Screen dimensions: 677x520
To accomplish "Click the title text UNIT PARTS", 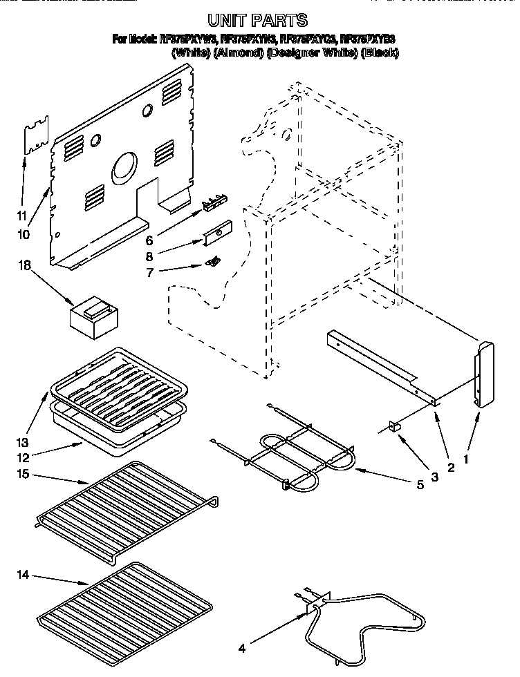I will click(258, 21).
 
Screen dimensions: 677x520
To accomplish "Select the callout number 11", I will click(22, 216).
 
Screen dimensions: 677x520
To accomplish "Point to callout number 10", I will click(24, 234).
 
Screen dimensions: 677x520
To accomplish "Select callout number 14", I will click(24, 574).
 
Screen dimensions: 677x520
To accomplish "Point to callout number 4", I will click(241, 649).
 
